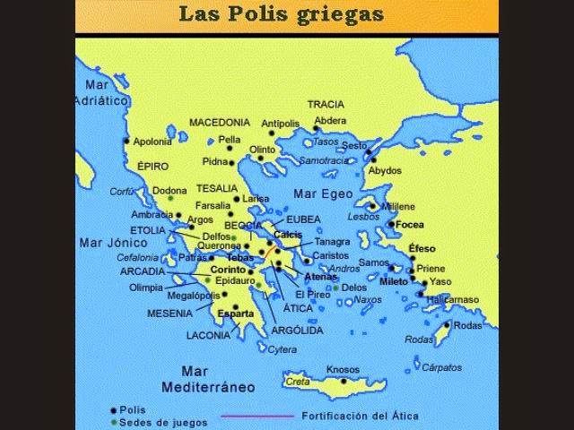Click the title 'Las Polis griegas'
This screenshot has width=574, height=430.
click(x=281, y=13)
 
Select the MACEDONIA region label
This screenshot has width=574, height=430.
click(x=219, y=122)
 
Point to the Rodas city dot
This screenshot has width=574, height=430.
click(x=448, y=326)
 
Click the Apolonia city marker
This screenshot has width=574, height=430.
click(x=126, y=141)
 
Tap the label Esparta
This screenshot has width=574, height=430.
click(x=235, y=314)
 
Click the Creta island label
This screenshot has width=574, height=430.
click(x=298, y=382)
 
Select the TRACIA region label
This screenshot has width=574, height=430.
click(x=326, y=104)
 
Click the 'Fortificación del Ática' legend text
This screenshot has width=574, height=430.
click(x=360, y=416)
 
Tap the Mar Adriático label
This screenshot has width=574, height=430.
click(x=102, y=93)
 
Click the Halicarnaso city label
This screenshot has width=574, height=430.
click(x=452, y=299)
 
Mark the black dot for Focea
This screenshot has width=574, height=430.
click(x=391, y=224)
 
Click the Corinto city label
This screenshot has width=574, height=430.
click(x=229, y=269)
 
